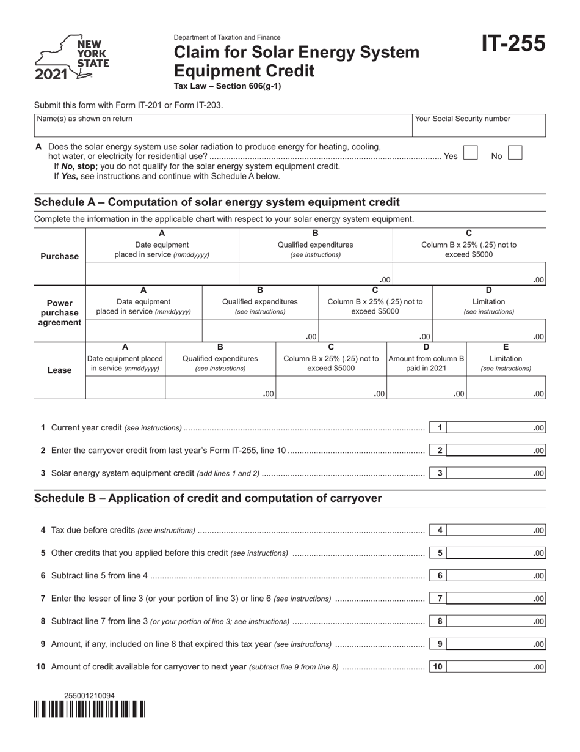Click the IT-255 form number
(x=513, y=45)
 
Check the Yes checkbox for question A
(x=471, y=153)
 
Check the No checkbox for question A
(x=515, y=153)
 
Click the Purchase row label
(x=59, y=256)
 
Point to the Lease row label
(x=59, y=370)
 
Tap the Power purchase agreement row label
(x=59, y=312)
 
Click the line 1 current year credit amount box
(x=496, y=428)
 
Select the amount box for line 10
(x=496, y=667)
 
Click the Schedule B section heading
(x=208, y=498)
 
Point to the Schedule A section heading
(x=217, y=202)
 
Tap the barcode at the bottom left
(x=90, y=709)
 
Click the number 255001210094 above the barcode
(x=89, y=696)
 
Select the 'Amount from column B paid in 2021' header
(x=426, y=363)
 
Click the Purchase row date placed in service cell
(x=162, y=274)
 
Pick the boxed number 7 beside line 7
(x=439, y=599)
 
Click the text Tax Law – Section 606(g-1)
(x=228, y=86)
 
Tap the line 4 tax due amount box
(x=496, y=531)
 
